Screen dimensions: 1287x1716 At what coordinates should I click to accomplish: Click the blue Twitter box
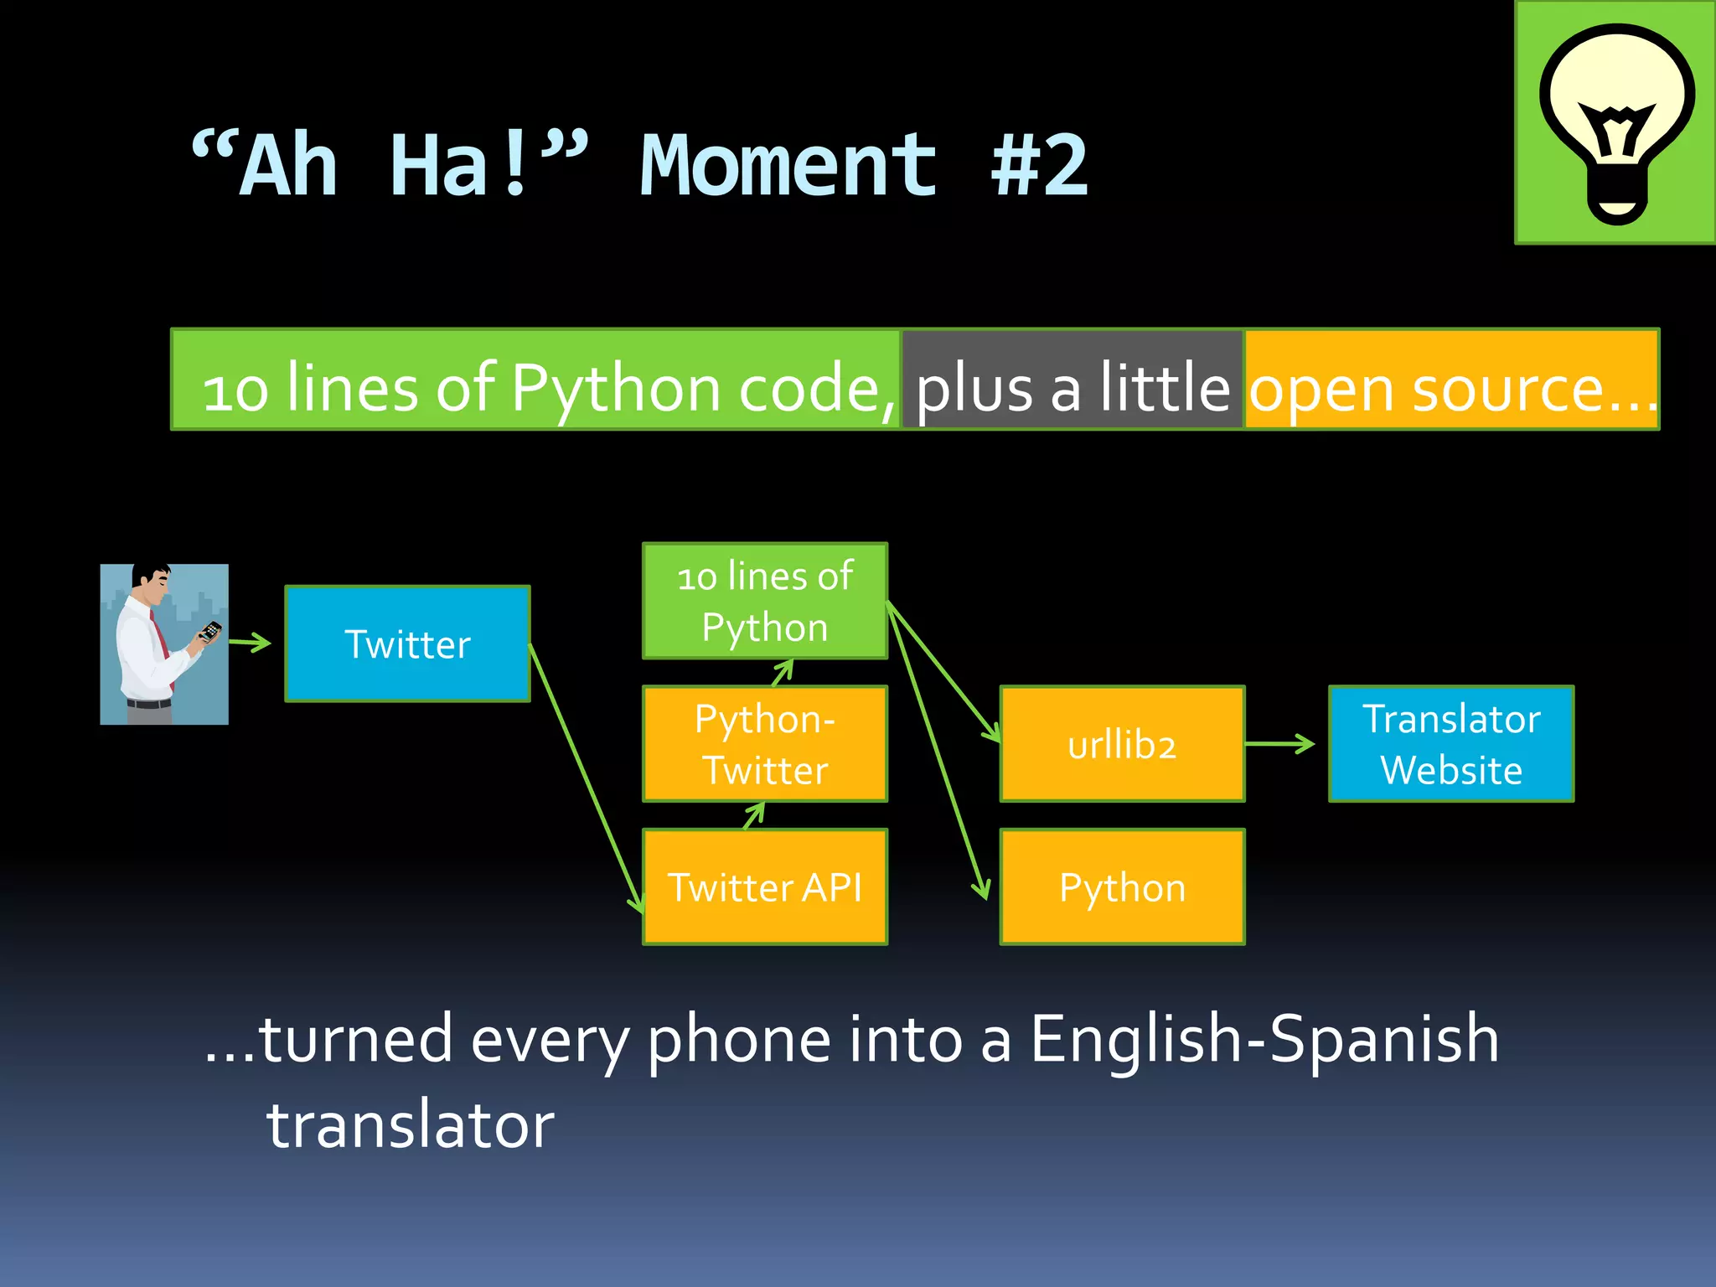(407, 643)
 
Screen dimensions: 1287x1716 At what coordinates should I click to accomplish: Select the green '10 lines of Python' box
(764, 601)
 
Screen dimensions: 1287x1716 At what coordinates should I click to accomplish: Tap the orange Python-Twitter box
(764, 744)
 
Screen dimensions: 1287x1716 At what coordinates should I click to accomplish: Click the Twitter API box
(764, 886)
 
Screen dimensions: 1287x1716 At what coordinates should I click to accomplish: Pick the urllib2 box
(1122, 744)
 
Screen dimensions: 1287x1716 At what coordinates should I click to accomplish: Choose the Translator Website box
(1450, 744)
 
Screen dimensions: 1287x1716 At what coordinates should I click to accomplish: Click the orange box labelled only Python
(1122, 886)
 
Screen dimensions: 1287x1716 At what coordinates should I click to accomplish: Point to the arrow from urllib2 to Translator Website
(1280, 743)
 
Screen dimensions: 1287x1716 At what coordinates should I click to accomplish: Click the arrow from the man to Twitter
(250, 643)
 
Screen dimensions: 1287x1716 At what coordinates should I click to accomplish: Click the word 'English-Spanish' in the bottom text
(1264, 1039)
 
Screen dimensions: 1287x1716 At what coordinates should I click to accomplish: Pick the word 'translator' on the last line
(411, 1124)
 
